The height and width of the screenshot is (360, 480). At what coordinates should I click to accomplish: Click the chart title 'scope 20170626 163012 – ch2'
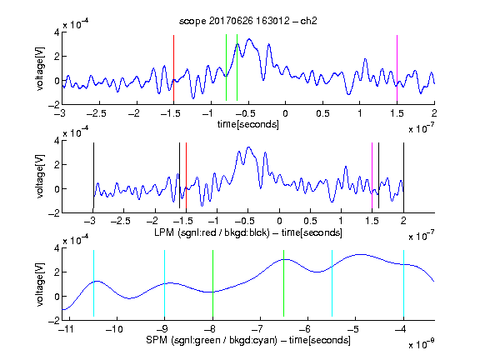(248, 21)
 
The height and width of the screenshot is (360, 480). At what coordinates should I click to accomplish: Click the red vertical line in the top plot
(173, 68)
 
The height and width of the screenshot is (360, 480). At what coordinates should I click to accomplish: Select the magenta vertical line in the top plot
(397, 68)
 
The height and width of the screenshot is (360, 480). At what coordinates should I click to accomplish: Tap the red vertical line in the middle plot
(186, 175)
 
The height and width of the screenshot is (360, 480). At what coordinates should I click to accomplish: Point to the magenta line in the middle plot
(372, 175)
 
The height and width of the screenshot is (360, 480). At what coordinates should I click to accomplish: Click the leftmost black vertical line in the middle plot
(93, 175)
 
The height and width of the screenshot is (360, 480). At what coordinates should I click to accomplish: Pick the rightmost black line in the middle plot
(403, 175)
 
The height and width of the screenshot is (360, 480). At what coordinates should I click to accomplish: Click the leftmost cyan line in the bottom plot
(93, 283)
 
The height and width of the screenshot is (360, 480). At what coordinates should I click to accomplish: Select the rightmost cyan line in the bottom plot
(403, 283)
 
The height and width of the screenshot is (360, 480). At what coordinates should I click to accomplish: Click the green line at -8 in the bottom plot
(212, 283)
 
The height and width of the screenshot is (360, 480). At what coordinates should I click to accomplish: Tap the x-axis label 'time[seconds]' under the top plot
(248, 124)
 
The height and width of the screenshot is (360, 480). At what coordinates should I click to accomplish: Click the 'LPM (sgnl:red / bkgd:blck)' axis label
(212, 232)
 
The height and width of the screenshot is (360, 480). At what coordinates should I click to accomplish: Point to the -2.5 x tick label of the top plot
(97, 113)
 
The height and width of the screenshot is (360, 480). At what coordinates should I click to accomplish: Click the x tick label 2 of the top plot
(434, 113)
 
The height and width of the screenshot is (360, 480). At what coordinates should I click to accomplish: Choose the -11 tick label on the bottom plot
(66, 329)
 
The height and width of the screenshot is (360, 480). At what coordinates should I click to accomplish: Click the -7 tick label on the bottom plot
(257, 329)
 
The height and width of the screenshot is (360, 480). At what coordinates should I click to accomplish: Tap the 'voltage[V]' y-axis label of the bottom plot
(40, 284)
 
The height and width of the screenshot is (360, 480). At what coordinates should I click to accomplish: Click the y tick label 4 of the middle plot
(57, 141)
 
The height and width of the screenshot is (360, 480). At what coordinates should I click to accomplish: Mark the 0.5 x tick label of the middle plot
(310, 221)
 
